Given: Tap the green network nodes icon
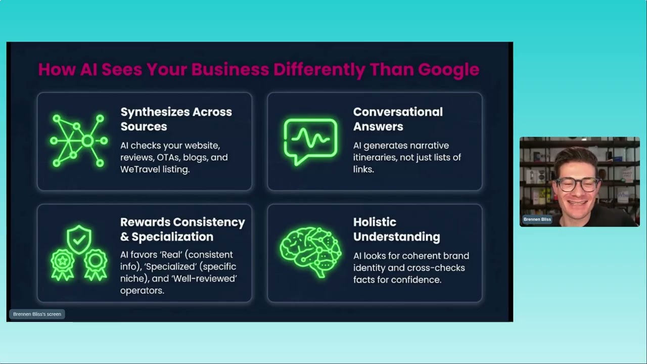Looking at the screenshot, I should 78,141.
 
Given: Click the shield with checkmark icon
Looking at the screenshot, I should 79,239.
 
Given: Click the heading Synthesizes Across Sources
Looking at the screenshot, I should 176,119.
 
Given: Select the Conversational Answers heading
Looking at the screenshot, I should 397,119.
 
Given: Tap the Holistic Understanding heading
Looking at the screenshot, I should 396,229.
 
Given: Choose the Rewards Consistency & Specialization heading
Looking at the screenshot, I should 182,229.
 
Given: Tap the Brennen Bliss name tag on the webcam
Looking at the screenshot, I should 537,219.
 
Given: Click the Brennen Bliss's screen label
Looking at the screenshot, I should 37,314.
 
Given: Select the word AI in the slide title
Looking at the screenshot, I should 88,69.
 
